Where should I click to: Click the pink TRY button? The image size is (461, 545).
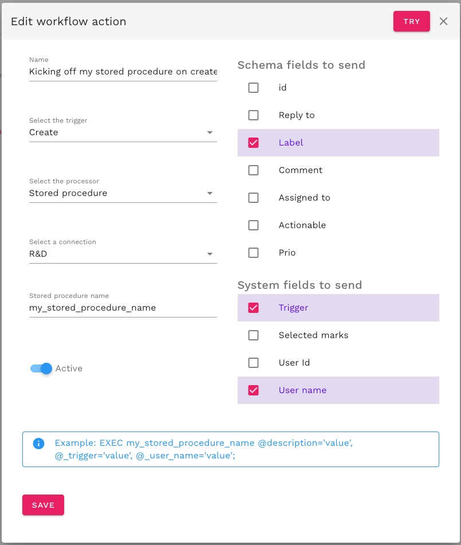pos(411,21)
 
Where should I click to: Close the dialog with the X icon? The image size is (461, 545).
pos(443,21)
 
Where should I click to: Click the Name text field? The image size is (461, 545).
pos(123,72)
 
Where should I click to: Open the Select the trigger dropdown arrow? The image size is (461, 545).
pos(210,133)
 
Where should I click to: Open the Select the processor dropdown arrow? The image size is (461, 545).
pos(210,193)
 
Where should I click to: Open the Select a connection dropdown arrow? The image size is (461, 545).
pos(210,254)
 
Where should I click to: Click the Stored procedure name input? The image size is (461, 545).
pos(123,308)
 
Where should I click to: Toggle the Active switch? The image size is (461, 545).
pos(42,368)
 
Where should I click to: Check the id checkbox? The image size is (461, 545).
pos(253,88)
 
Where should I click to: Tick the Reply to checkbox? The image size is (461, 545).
pos(253,115)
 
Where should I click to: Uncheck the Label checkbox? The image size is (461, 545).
pos(253,143)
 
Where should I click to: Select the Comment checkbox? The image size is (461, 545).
pos(253,170)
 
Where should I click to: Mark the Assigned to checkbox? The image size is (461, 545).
pos(253,198)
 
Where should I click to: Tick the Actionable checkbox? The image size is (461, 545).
pos(253,225)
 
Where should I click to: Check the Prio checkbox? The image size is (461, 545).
pos(253,253)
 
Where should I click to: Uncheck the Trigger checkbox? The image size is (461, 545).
pos(253,308)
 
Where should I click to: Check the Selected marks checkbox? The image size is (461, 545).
pos(253,335)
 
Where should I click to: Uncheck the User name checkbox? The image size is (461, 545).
pos(253,390)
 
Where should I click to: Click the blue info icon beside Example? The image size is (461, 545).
pos(39,443)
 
